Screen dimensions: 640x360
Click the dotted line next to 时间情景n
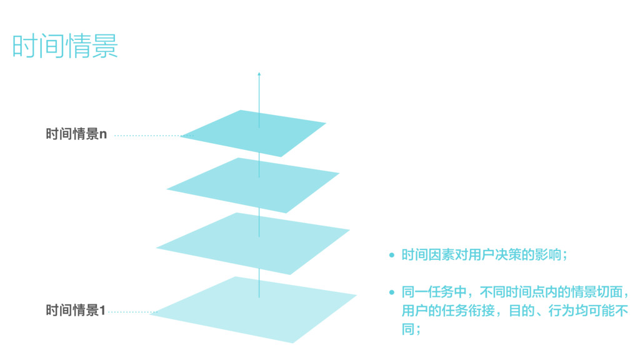point(147,135)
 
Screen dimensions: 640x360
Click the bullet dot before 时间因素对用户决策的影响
point(392,255)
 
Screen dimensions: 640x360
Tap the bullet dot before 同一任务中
point(392,292)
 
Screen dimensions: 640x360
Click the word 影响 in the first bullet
point(547,255)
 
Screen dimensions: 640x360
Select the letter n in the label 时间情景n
point(104,134)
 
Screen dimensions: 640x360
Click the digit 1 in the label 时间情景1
point(102,310)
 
